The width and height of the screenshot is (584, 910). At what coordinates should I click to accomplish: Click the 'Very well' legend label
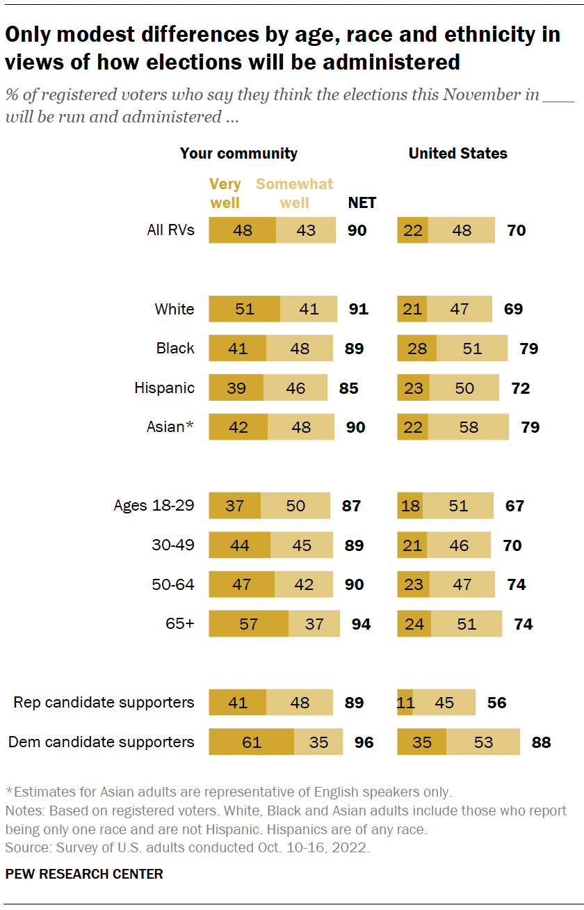(225, 193)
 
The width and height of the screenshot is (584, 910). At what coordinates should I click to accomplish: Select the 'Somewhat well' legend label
(295, 193)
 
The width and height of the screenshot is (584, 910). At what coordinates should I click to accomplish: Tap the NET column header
(362, 202)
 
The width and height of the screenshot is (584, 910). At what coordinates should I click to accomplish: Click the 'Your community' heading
(238, 153)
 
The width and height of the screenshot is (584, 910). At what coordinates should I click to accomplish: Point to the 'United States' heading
(457, 153)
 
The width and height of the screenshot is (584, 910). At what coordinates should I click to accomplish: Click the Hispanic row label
(164, 388)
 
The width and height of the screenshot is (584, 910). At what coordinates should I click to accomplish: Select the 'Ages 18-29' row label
(154, 506)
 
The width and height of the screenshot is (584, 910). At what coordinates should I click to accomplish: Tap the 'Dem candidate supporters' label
(102, 742)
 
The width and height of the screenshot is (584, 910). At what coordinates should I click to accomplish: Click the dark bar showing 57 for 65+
(248, 624)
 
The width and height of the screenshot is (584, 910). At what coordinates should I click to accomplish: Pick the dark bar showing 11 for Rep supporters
(405, 703)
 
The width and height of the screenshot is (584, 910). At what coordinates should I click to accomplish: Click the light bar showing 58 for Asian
(469, 427)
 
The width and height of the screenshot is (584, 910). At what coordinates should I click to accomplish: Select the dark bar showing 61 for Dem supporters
(251, 742)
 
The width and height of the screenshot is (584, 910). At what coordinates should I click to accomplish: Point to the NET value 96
(364, 742)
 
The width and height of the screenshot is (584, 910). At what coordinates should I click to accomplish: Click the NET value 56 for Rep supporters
(496, 703)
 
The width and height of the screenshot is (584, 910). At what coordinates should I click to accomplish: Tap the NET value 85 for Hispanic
(348, 388)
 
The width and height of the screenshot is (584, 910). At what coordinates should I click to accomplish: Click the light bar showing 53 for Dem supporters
(483, 742)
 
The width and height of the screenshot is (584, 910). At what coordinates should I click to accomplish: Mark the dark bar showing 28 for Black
(416, 348)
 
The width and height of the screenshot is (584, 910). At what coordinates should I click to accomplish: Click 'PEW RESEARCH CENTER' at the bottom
(84, 874)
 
